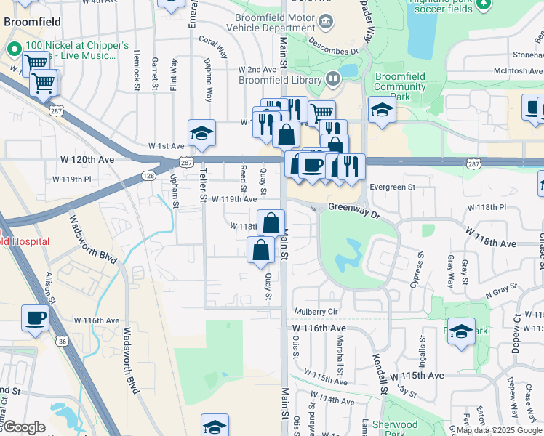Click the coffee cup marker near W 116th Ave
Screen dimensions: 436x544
36,318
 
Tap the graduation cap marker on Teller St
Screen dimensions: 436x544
202,133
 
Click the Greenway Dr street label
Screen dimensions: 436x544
354,207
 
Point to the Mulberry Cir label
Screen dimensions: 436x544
316,312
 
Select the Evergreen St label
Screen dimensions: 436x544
391,187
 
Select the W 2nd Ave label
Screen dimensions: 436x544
254,69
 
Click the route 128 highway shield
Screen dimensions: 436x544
148,176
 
